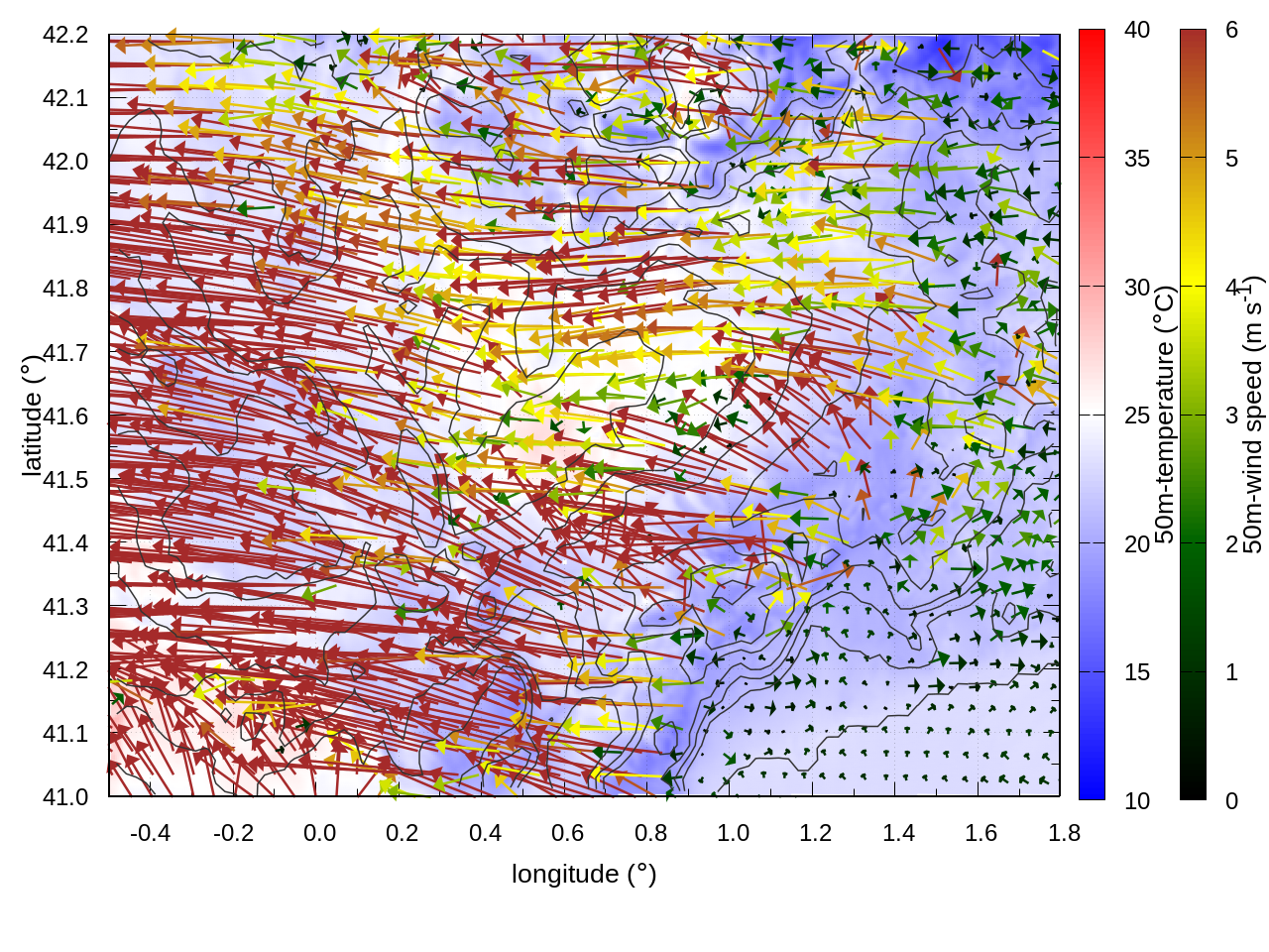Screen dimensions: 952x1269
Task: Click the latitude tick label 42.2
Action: point(65,35)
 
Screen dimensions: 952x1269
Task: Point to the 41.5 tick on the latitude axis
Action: point(65,480)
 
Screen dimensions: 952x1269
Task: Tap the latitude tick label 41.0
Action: point(65,797)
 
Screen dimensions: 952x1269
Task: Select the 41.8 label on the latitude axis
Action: point(65,289)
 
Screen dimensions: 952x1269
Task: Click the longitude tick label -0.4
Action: point(150,833)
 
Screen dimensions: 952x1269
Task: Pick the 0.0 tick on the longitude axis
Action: point(319,833)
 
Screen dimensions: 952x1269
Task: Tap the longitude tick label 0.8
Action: point(651,833)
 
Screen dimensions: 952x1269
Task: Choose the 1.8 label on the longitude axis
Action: point(1065,833)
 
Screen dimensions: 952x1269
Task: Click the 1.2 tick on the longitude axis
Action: point(816,833)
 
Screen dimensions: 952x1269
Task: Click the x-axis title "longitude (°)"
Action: point(584,874)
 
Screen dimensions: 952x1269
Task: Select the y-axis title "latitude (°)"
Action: point(32,416)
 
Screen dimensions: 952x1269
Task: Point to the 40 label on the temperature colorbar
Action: point(1137,31)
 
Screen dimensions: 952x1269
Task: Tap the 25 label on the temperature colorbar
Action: point(1137,416)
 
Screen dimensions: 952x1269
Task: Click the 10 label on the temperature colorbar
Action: point(1137,801)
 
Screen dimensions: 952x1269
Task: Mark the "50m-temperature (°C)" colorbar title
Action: point(1165,416)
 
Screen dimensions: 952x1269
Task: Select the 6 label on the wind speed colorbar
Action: point(1232,31)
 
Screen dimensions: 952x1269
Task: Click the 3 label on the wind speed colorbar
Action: point(1232,416)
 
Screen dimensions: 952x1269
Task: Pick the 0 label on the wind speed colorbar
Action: point(1232,801)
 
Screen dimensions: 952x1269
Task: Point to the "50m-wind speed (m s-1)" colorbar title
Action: point(1252,416)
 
